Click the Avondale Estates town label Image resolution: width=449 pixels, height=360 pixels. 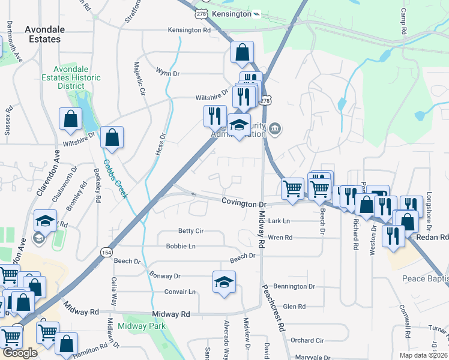click(x=43, y=34)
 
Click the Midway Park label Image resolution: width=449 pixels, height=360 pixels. click(x=142, y=326)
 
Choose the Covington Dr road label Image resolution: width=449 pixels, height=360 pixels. click(x=243, y=204)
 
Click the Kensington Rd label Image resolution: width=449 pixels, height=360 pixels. click(x=189, y=29)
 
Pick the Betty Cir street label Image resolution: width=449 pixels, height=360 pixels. click(x=191, y=230)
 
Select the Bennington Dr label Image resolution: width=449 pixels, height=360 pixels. click(x=294, y=287)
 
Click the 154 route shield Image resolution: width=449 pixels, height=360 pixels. click(x=106, y=251)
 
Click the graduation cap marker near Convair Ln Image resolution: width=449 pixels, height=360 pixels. click(x=224, y=283)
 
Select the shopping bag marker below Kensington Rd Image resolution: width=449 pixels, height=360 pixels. click(x=242, y=53)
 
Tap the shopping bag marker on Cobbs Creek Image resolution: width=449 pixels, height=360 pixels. click(x=112, y=138)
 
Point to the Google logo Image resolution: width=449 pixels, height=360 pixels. click(x=20, y=353)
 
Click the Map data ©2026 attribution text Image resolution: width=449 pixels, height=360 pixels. click(x=424, y=355)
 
